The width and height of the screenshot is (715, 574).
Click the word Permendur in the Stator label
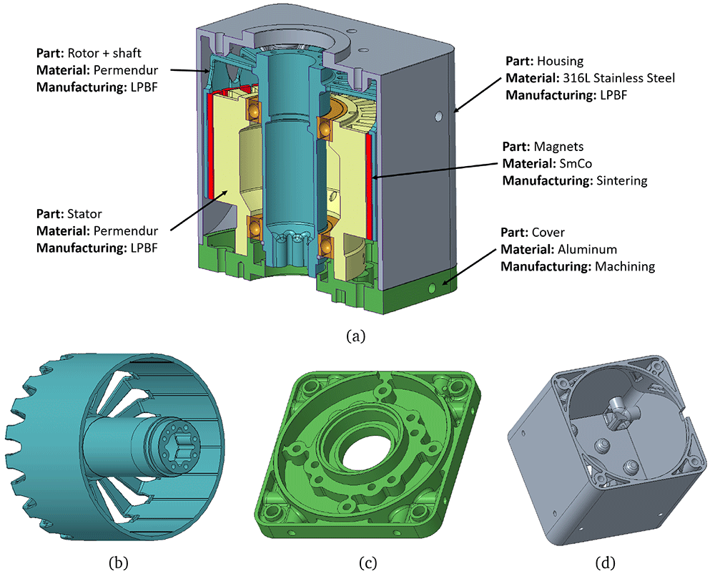point(126,231)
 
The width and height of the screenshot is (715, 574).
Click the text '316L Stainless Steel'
point(618,78)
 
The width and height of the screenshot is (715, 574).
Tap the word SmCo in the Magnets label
point(576,163)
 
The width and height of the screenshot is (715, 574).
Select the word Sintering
point(622,181)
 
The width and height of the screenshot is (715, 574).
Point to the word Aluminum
point(587,250)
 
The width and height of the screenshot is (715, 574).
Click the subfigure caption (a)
point(355,336)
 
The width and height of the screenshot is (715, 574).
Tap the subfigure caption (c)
point(368,563)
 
